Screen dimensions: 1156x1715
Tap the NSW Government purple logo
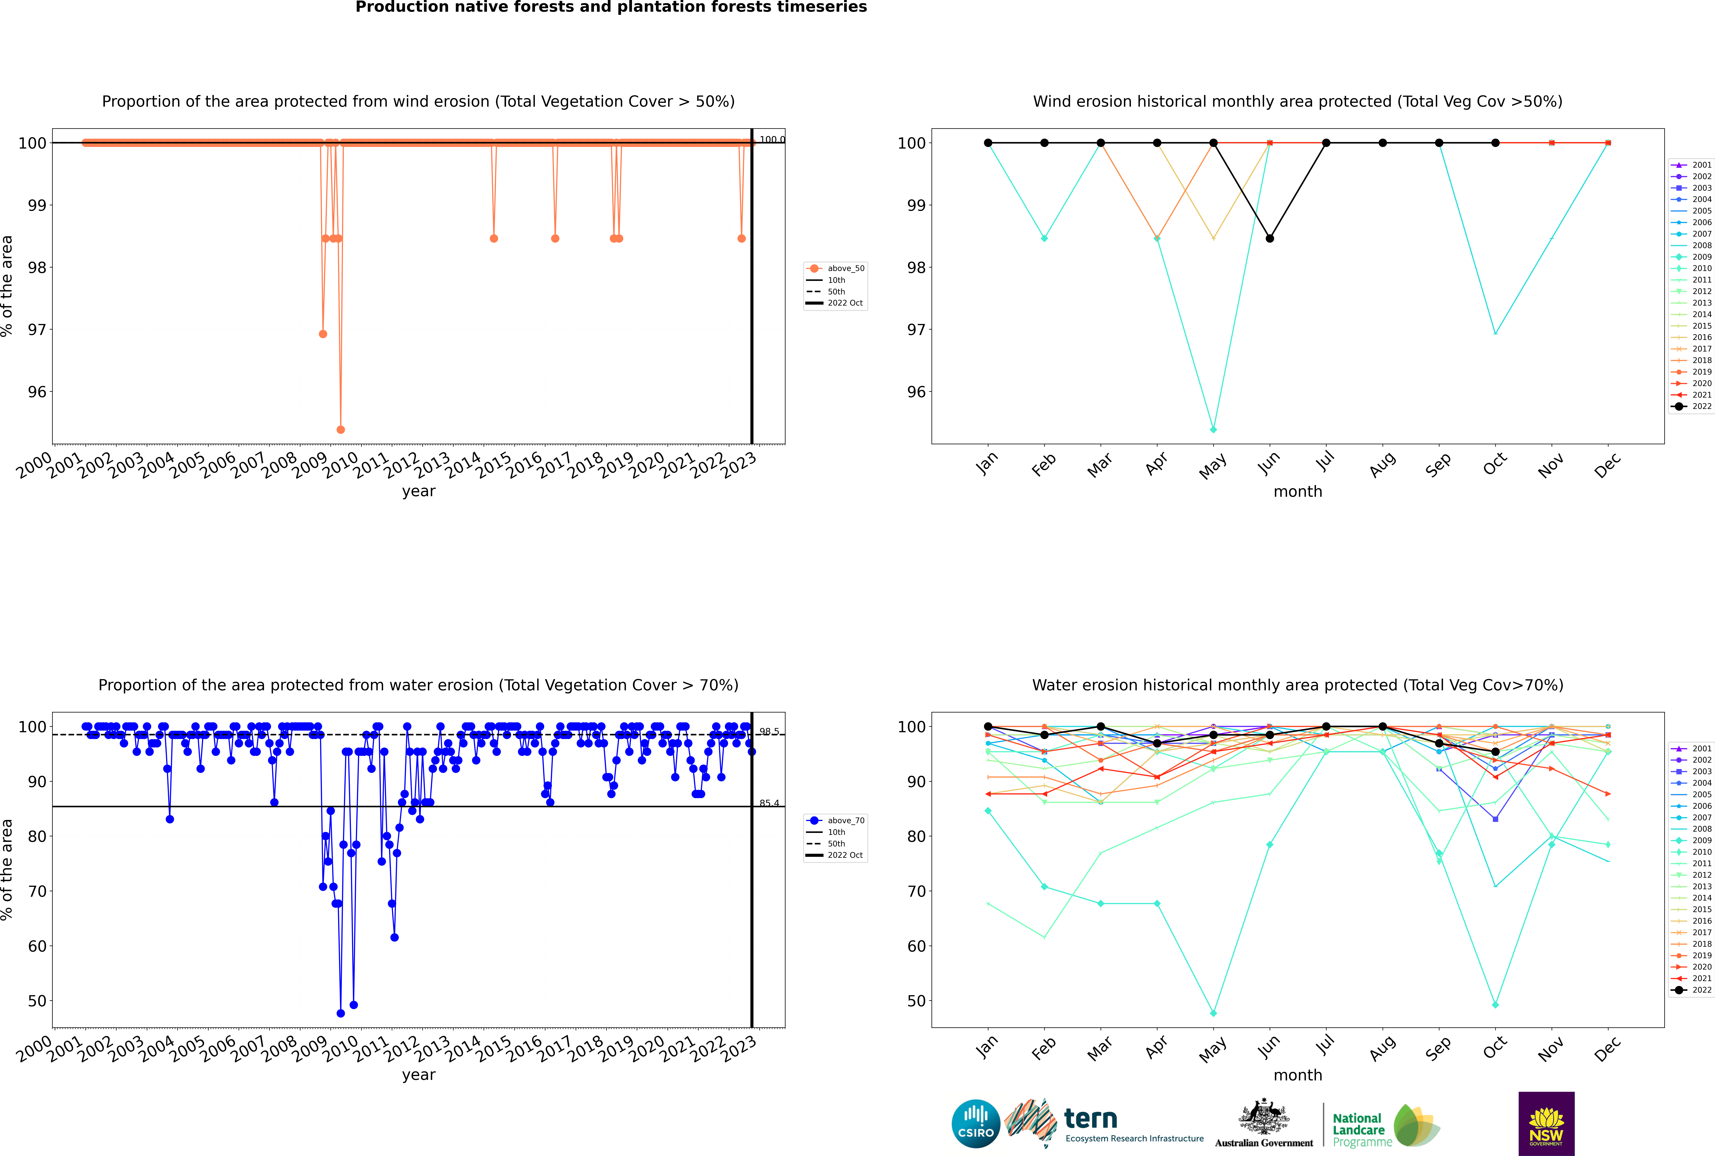[x=1546, y=1124]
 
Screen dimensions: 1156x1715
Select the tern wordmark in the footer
[x=1091, y=1119]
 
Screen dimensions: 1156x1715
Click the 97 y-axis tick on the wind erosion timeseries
[x=37, y=330]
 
